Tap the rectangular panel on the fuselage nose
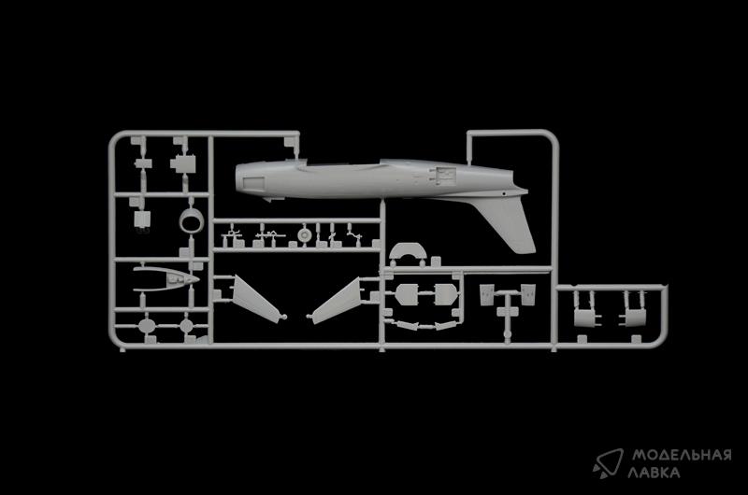pyautogui.click(x=254, y=183)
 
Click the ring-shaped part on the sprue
pyautogui.click(x=192, y=221)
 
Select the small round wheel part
pyautogui.click(x=304, y=234)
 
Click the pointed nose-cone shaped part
pyautogui.click(x=165, y=278)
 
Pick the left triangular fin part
pyautogui.click(x=255, y=299)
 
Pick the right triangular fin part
pyautogui.click(x=337, y=301)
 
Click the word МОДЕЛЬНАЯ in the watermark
pyautogui.click(x=683, y=456)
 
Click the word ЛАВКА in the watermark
pyautogui.click(x=654, y=473)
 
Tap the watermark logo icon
pyautogui.click(x=609, y=462)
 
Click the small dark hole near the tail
pyautogui.click(x=504, y=194)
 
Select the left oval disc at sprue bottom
pyautogui.click(x=147, y=326)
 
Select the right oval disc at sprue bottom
pyautogui.click(x=186, y=326)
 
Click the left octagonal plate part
pyautogui.click(x=407, y=294)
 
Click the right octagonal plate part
pyautogui.click(x=446, y=294)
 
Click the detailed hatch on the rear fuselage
pyautogui.click(x=442, y=175)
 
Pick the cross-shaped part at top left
pyautogui.click(x=182, y=163)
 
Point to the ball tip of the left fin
pyautogui.click(x=285, y=317)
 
